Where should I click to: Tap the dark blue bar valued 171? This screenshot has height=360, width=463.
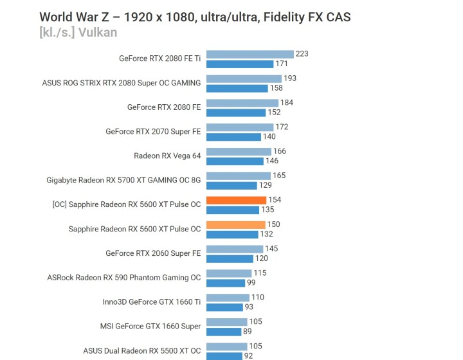point(240,64)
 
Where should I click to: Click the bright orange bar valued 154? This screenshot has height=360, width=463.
point(236,200)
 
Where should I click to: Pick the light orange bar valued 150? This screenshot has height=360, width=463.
point(235,224)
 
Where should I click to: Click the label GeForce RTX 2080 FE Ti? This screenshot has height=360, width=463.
point(159,59)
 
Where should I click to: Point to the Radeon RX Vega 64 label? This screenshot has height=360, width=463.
point(167,156)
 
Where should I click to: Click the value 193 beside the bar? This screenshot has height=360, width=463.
point(290,78)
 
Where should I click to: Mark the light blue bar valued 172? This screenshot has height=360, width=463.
point(240,127)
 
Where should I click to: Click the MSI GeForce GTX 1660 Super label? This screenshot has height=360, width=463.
point(150,326)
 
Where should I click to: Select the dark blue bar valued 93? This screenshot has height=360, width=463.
point(225,307)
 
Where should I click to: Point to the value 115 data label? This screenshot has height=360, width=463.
point(260,273)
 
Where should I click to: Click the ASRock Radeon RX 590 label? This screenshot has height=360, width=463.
point(124,278)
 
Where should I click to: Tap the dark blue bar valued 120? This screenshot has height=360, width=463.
point(230,258)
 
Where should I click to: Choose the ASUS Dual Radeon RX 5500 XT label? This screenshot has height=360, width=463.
point(141,350)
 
